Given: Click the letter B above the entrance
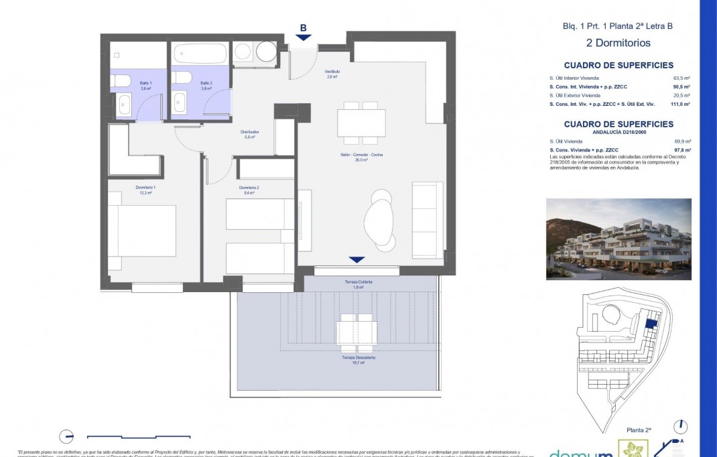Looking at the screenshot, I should pyautogui.click(x=303, y=28).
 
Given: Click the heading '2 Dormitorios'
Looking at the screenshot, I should pyautogui.click(x=617, y=44).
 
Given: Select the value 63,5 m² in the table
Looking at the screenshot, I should pyautogui.click(x=681, y=78).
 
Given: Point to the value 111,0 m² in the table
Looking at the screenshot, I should pyautogui.click(x=680, y=105).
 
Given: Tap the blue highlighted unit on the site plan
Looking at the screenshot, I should pyautogui.click(x=649, y=324).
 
